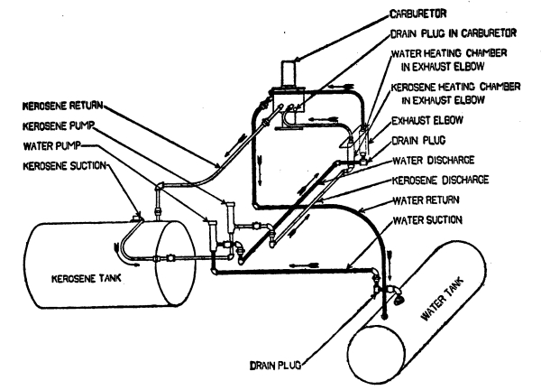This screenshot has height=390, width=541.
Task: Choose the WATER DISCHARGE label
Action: pos(423,162)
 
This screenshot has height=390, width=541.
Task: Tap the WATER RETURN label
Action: pos(423,199)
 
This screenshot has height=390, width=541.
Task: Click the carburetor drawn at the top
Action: pos(289,72)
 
